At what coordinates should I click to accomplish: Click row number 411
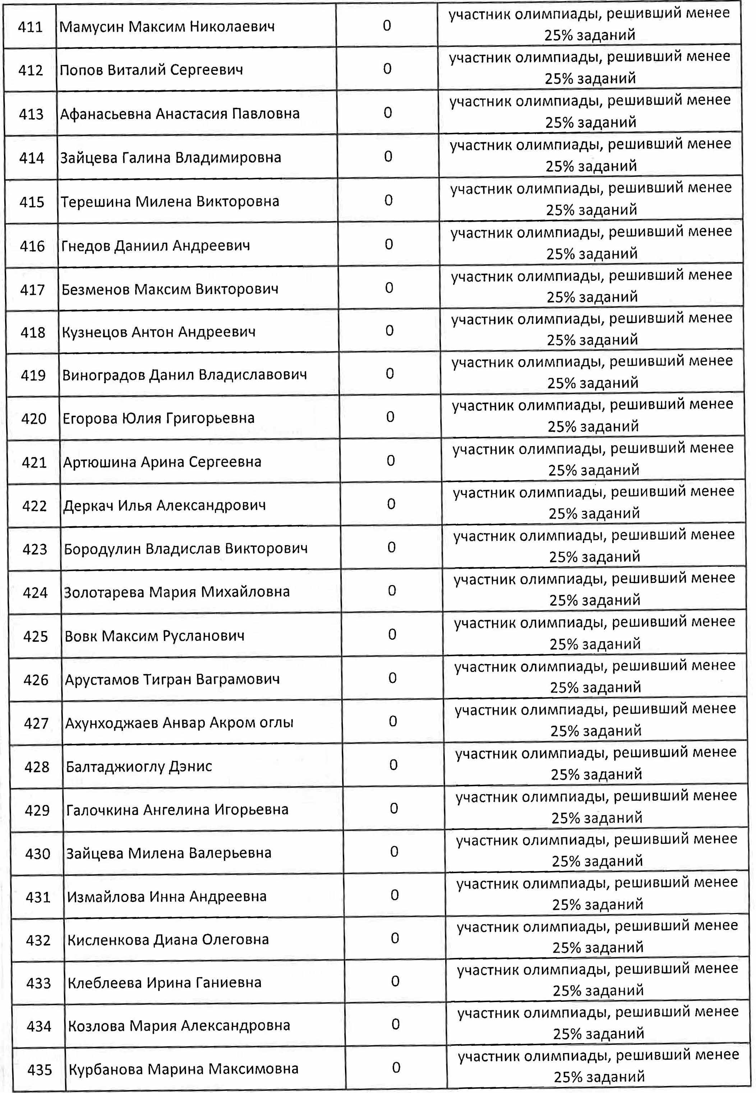coord(30,27)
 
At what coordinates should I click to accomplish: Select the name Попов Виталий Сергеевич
coord(151,70)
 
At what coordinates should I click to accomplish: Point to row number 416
coord(32,246)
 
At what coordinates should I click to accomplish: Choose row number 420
coord(34,419)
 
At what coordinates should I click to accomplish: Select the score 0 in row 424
coord(392,590)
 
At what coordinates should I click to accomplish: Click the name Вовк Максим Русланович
coord(155,636)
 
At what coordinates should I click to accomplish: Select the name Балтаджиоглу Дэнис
coord(139,767)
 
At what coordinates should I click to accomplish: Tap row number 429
coord(37,810)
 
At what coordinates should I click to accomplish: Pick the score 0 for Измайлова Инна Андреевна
coord(395,895)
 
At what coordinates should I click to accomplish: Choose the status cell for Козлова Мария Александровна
coord(598,1023)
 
